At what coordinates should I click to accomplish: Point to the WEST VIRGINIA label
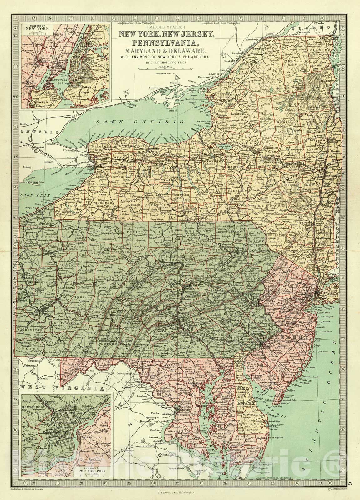pos(61,388)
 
